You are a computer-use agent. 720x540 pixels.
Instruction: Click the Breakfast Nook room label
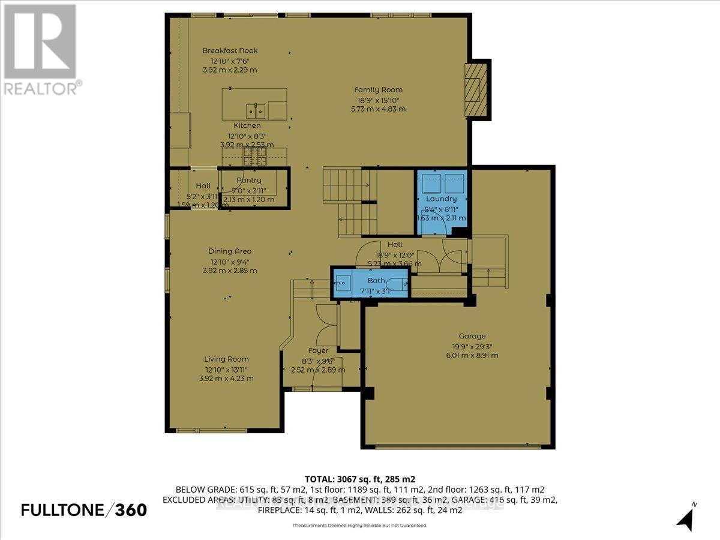click(x=230, y=51)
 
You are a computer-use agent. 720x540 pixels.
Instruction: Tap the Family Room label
click(x=378, y=90)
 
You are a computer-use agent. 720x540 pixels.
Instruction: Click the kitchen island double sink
click(x=257, y=111)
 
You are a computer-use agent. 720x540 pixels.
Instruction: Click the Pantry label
click(x=248, y=180)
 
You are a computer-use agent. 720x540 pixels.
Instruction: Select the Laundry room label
click(x=441, y=199)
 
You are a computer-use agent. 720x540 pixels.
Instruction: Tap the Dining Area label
click(x=231, y=251)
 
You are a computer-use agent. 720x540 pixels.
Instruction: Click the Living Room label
click(x=226, y=359)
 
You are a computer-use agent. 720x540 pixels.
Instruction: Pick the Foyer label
click(x=318, y=351)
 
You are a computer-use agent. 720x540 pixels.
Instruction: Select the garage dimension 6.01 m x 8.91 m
click(x=473, y=355)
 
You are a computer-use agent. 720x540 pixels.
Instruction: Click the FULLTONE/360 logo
click(x=84, y=510)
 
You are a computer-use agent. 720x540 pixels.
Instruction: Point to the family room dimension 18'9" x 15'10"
click(x=378, y=100)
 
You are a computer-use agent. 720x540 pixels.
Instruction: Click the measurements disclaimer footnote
click(x=359, y=526)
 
